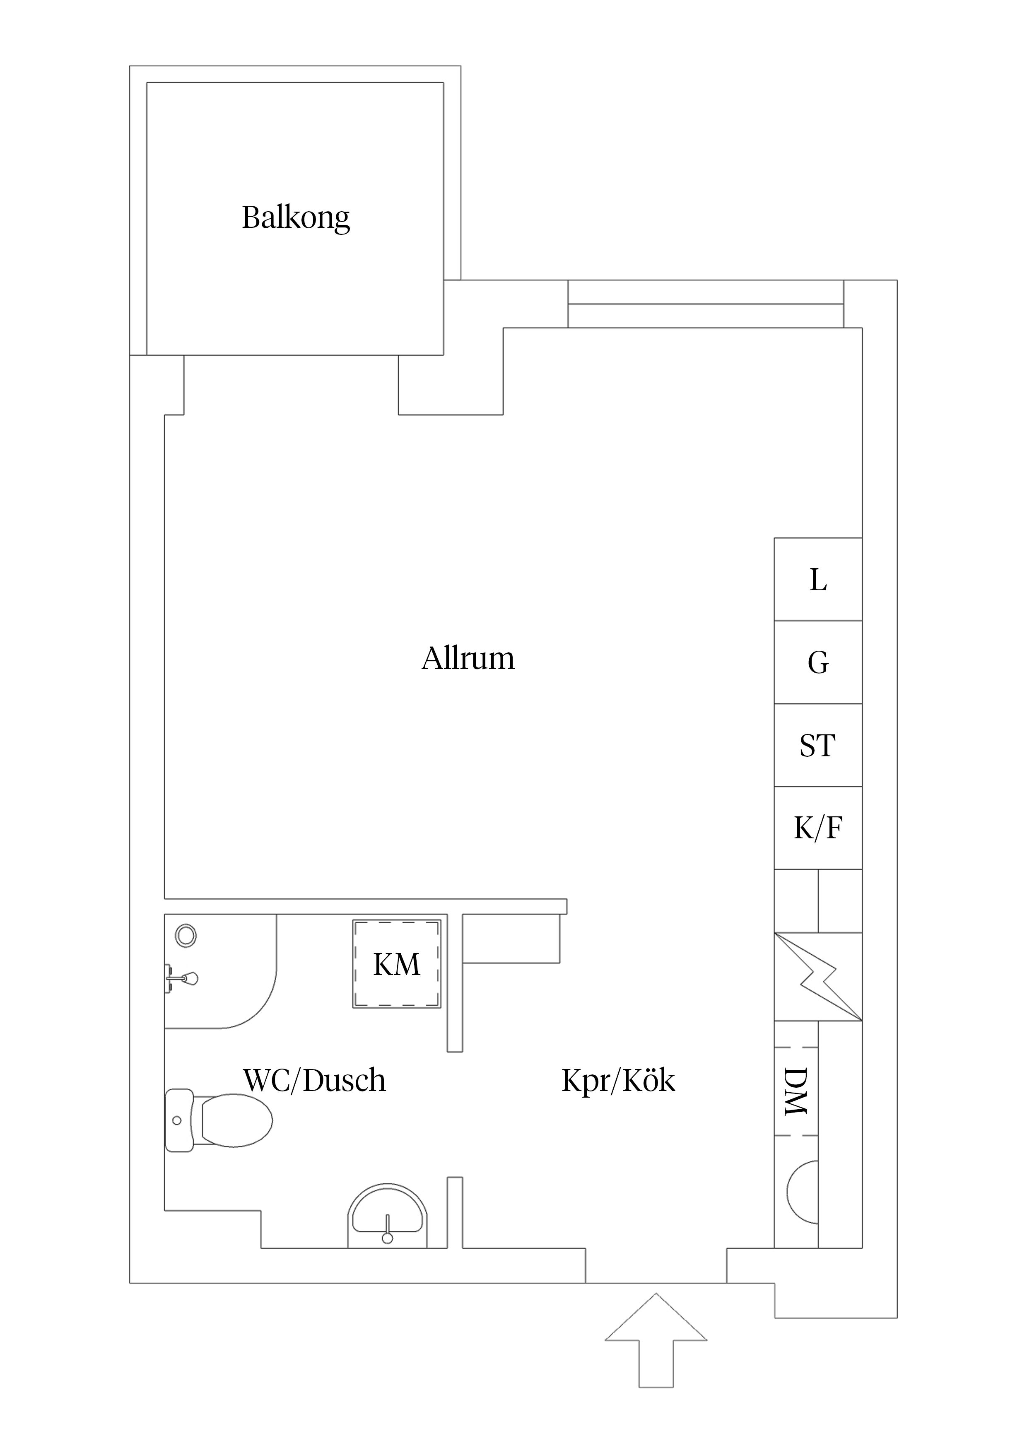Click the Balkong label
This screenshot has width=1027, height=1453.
[x=296, y=218]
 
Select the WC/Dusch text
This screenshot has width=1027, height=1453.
[x=314, y=1080]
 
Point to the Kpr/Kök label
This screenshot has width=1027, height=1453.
[x=618, y=1080]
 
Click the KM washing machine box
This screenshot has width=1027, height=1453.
[x=397, y=964]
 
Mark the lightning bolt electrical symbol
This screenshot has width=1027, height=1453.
[x=819, y=977]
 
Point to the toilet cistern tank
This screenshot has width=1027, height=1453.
[x=178, y=1120]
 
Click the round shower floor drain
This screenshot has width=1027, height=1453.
[x=186, y=935]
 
